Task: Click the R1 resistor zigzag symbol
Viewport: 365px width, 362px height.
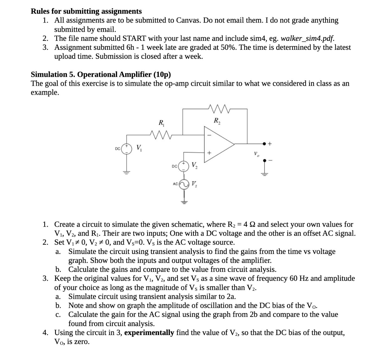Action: pos(160,134)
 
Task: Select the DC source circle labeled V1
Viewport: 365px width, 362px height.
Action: pos(127,149)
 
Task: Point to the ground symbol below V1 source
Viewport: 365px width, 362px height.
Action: pos(127,172)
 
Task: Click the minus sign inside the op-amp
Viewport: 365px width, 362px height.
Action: pos(209,134)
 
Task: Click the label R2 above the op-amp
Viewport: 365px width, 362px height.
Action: pos(217,120)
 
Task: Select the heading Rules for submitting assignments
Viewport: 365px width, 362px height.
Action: pos(86,11)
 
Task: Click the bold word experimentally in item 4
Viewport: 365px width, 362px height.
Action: pos(149,333)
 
